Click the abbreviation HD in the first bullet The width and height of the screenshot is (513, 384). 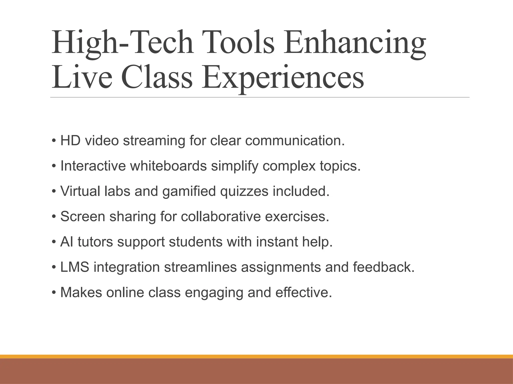(x=70, y=140)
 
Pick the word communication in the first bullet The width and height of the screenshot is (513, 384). (x=295, y=140)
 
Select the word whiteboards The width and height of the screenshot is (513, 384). (x=168, y=166)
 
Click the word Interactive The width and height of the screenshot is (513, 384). (x=93, y=166)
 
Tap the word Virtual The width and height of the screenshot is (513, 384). (x=80, y=191)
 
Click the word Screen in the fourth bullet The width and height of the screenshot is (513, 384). (x=83, y=216)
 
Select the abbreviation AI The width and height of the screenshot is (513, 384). (x=67, y=242)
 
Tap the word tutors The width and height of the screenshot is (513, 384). (x=95, y=242)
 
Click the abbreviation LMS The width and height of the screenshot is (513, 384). (x=75, y=267)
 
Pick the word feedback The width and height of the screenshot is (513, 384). (x=383, y=267)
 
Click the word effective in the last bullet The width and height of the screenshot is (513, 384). (x=304, y=292)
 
